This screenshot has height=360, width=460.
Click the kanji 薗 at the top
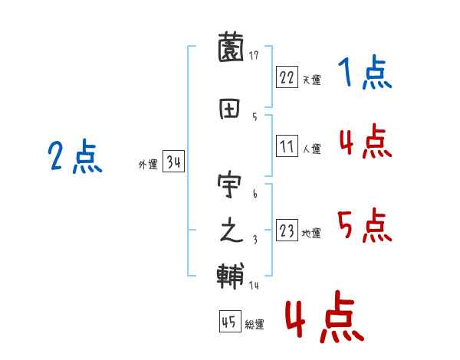(x=231, y=49)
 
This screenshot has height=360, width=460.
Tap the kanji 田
(x=231, y=109)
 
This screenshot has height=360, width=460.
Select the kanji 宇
(x=231, y=186)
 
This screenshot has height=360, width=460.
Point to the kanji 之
(x=231, y=231)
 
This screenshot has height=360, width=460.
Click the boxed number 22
(x=287, y=77)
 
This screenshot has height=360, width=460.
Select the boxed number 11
(x=287, y=146)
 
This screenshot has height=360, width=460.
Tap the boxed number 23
(x=287, y=231)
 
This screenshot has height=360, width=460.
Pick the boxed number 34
(x=173, y=162)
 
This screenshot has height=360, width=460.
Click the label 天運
(x=310, y=79)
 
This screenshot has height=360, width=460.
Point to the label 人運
(x=310, y=149)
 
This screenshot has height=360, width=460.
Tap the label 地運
(x=310, y=233)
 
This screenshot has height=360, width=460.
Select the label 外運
(x=148, y=165)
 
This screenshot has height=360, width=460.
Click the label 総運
(x=254, y=324)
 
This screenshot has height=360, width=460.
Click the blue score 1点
(x=364, y=74)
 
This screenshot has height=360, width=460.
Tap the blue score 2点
(x=74, y=158)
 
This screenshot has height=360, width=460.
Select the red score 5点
(x=365, y=226)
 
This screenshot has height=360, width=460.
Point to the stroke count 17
(x=254, y=56)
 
